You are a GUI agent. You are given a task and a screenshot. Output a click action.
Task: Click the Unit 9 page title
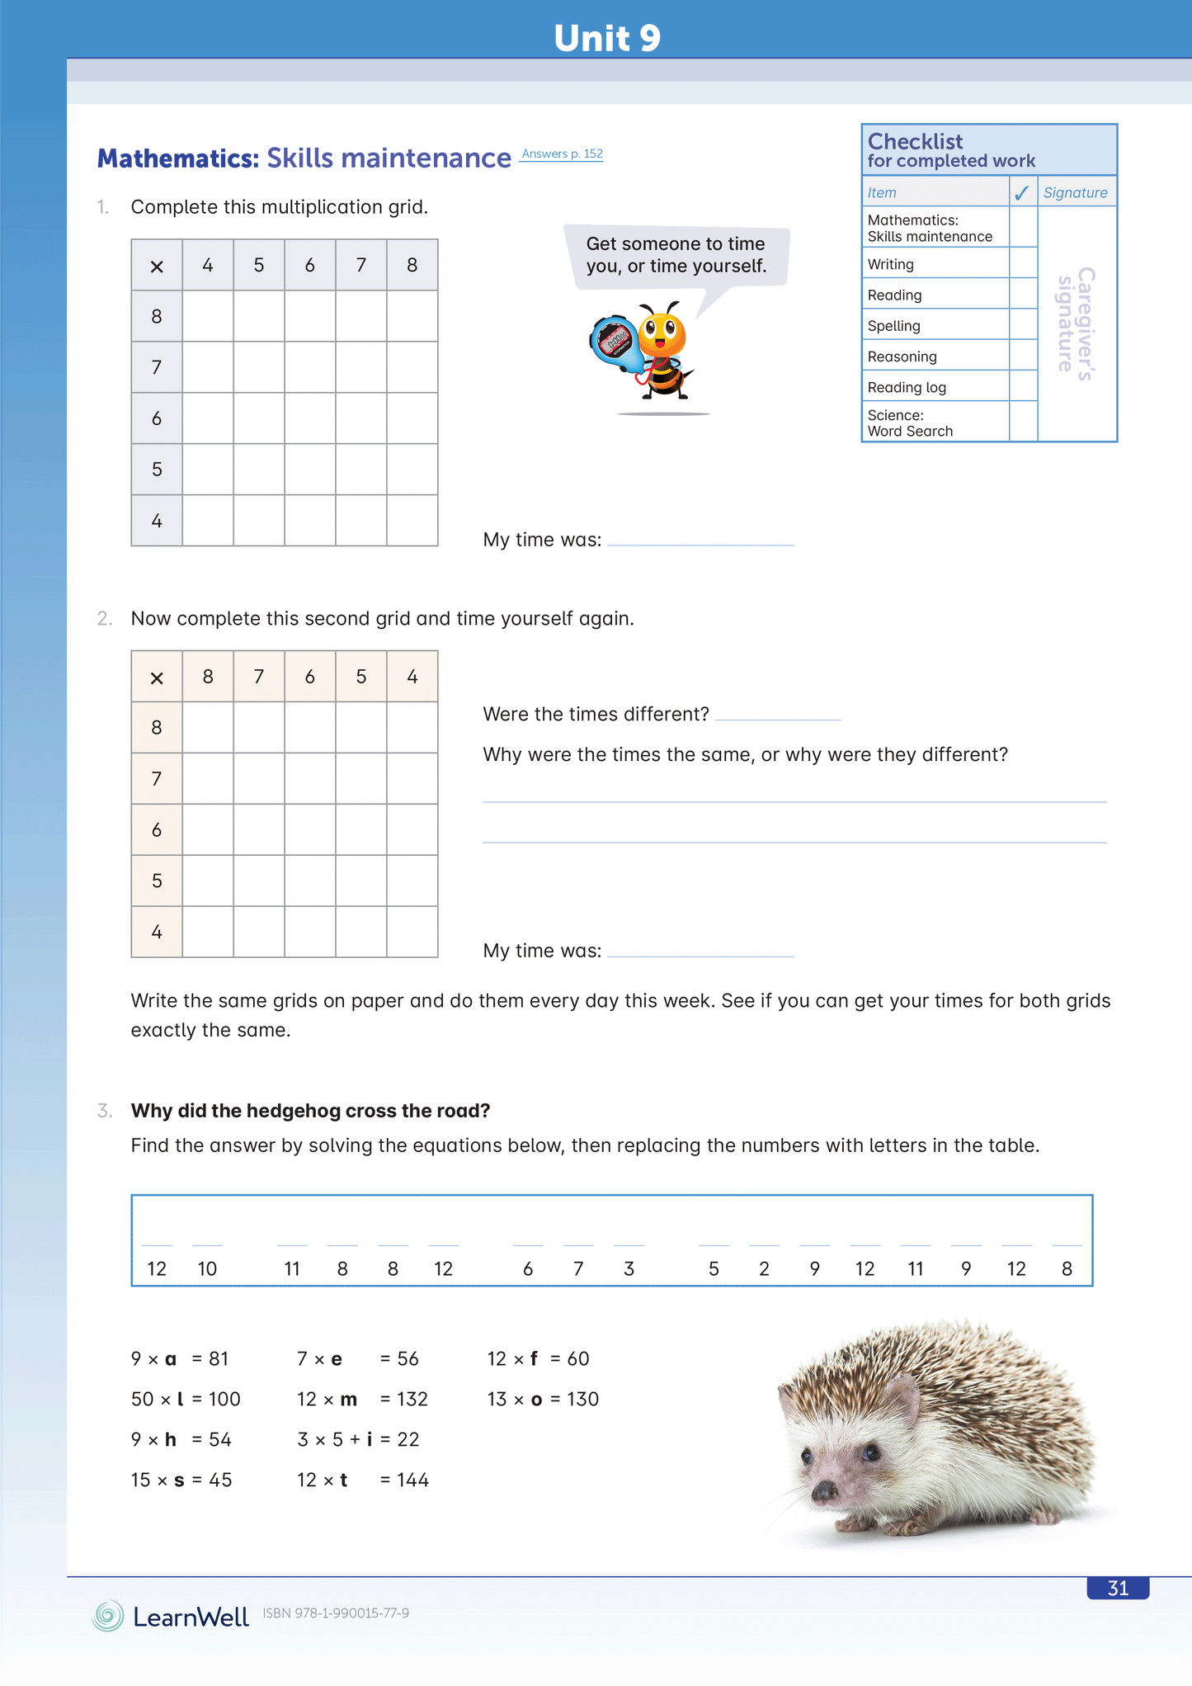[x=607, y=38]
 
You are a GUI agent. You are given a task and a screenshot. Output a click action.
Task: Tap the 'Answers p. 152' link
[x=562, y=154]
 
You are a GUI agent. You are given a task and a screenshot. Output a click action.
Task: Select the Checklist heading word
[x=915, y=141]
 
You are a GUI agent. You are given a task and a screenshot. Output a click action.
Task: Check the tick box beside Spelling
[x=1023, y=325]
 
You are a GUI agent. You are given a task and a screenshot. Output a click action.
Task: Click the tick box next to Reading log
[x=1023, y=386]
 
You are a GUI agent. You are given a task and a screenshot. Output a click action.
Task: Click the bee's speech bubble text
[x=676, y=255]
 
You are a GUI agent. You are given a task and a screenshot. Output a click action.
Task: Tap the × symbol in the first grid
[x=157, y=267]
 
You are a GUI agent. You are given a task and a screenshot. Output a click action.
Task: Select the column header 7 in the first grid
[x=360, y=265]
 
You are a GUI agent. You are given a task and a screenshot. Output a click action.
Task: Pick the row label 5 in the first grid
[x=157, y=470]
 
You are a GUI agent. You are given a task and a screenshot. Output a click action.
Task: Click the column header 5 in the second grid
[x=360, y=677]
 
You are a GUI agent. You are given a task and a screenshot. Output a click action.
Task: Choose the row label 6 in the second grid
[x=157, y=830]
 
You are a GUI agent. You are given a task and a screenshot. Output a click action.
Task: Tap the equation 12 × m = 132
[x=362, y=1400]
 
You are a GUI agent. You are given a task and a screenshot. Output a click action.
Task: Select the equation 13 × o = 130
[x=543, y=1400]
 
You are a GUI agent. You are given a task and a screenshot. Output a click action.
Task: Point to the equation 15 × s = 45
[x=181, y=1481]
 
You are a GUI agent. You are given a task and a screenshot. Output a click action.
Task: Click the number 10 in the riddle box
[x=207, y=1269]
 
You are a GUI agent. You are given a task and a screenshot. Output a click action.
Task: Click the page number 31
[x=1118, y=1589]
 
